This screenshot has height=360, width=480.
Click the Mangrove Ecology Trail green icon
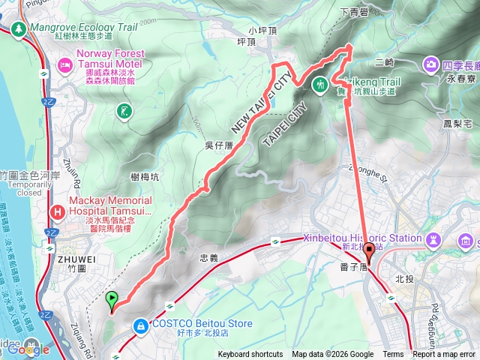click(x=17, y=28)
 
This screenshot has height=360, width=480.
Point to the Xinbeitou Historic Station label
click(x=361, y=238)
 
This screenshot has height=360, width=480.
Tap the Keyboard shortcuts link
click(x=250, y=355)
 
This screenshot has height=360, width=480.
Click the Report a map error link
click(x=443, y=355)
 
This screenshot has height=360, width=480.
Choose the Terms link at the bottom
click(x=393, y=355)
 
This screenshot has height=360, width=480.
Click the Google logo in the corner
click(x=28, y=349)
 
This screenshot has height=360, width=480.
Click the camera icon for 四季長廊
click(x=431, y=65)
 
